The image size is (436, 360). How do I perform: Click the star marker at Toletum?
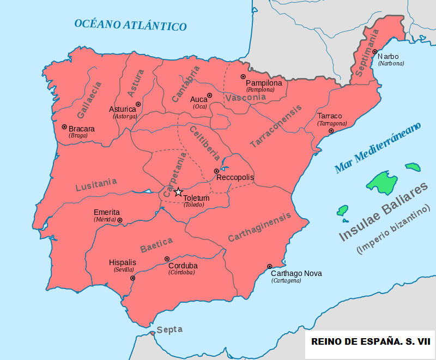(x=178, y=191)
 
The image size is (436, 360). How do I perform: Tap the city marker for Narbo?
(x=374, y=52)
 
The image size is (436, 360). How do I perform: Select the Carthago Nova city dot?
(x=269, y=266)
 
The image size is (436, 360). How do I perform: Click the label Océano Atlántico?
(x=130, y=25)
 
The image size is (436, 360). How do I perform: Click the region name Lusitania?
(x=96, y=184)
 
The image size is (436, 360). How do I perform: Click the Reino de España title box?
(x=370, y=341)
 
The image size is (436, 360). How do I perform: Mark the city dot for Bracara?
(x=64, y=127)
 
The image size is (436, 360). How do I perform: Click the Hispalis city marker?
(x=132, y=278)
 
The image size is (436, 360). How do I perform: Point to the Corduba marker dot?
(x=167, y=259)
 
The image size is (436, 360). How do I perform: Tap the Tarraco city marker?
(x=331, y=131)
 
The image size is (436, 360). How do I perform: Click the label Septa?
(x=169, y=329)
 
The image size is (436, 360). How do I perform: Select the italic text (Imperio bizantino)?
(x=393, y=230)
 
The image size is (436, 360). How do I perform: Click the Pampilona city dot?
(x=243, y=77)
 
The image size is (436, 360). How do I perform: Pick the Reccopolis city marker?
(x=216, y=171)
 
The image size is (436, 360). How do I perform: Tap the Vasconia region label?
(x=245, y=98)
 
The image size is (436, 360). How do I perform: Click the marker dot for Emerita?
(x=120, y=220)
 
